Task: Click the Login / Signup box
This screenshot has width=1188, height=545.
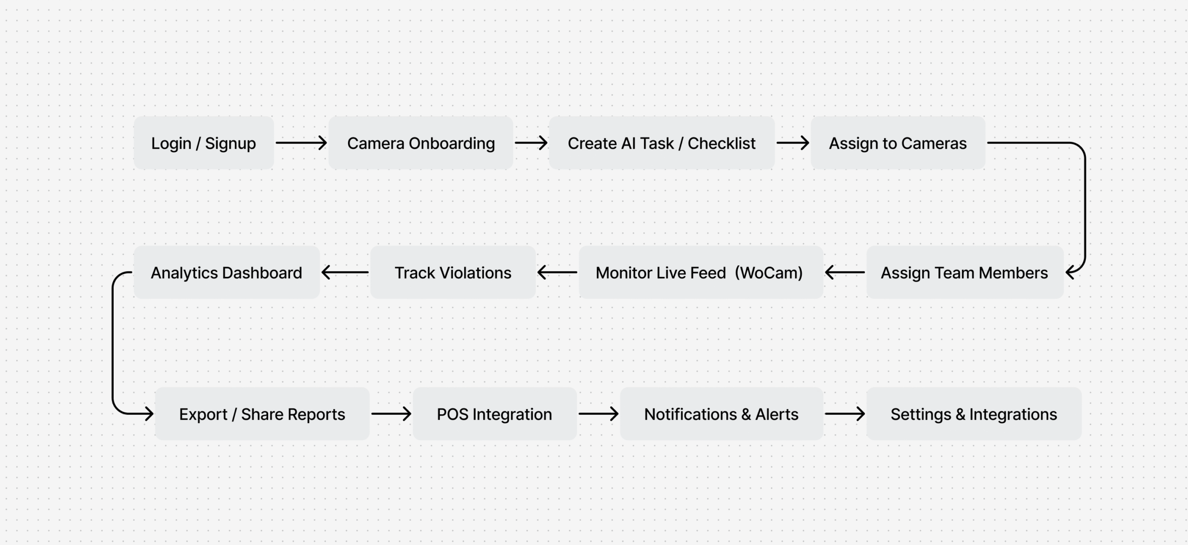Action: (204, 143)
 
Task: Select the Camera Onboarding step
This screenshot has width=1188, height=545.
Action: (421, 143)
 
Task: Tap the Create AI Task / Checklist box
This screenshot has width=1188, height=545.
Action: (662, 143)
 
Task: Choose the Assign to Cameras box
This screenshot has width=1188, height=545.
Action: (898, 143)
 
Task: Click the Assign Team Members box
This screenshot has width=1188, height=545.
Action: (965, 272)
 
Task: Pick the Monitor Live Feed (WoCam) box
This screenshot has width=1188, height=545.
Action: (701, 272)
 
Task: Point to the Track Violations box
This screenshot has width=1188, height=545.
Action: (453, 272)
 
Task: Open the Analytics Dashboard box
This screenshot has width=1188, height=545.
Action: (226, 272)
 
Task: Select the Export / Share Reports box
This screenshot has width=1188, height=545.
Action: (262, 414)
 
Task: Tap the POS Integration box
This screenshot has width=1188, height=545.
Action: (495, 414)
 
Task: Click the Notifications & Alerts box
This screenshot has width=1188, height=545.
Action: (722, 414)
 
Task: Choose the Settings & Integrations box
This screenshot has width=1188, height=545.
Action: (974, 414)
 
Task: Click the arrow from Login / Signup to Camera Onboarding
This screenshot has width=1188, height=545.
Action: (301, 143)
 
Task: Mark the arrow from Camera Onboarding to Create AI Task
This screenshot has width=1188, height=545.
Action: (531, 143)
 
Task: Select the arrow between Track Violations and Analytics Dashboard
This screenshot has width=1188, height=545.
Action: (345, 272)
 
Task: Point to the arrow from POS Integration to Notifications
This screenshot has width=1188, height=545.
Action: (599, 414)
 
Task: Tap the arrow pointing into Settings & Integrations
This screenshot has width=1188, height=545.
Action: (845, 414)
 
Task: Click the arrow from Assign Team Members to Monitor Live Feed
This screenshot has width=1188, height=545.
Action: (845, 272)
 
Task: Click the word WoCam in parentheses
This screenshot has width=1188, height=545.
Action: (769, 273)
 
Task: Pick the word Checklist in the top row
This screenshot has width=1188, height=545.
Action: (722, 143)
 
